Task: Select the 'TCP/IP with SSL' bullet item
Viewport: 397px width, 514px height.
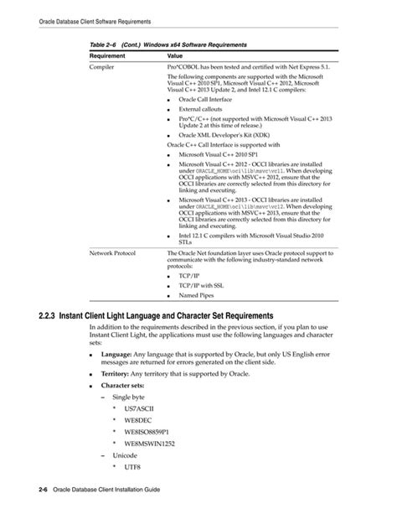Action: (x=204, y=284)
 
